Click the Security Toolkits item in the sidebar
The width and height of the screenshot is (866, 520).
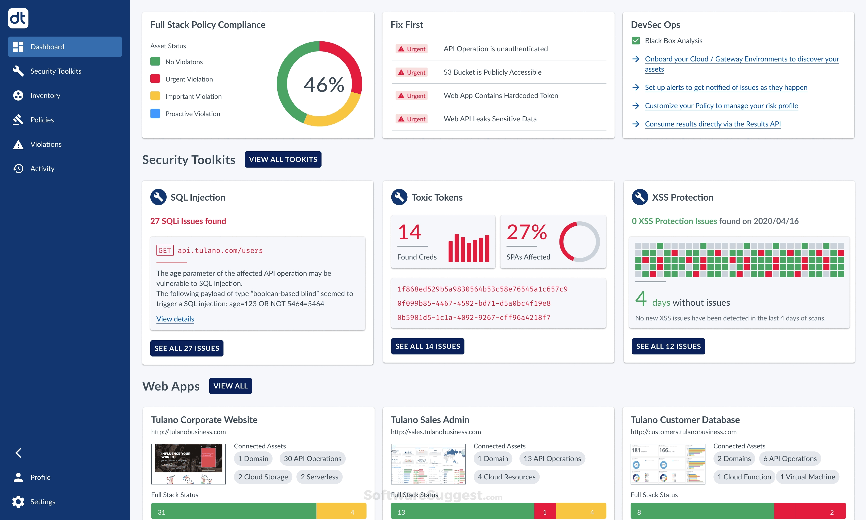[56, 71]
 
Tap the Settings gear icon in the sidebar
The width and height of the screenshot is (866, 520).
[18, 501]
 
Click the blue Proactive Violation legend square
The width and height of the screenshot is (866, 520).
[155, 113]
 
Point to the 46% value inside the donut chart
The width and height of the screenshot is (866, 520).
[324, 85]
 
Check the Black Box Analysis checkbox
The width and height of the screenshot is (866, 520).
[636, 41]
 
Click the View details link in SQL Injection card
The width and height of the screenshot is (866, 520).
[175, 319]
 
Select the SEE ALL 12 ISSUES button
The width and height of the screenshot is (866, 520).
[668, 346]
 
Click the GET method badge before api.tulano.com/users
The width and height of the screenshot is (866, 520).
[165, 250]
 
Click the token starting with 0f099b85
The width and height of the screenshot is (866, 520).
[473, 303]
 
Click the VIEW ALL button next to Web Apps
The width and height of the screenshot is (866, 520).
[230, 386]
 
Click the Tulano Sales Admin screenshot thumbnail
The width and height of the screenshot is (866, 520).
[428, 464]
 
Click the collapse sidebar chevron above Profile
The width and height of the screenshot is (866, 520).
[18, 453]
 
